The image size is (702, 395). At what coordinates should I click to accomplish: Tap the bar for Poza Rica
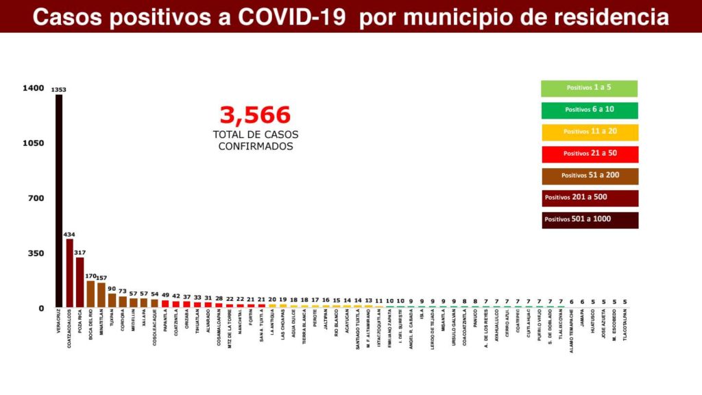80,283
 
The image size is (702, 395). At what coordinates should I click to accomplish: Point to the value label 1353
59,90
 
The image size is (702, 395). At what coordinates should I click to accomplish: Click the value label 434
69,234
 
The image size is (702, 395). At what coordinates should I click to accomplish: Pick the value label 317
80,252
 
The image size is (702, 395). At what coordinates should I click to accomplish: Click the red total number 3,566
255,115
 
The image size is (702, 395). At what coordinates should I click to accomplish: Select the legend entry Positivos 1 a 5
589,88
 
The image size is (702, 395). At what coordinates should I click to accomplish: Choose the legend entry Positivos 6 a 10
589,110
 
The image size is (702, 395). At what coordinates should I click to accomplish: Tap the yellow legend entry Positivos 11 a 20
589,132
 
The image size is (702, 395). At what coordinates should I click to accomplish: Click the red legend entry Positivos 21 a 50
589,154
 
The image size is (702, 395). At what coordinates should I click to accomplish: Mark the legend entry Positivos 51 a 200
589,176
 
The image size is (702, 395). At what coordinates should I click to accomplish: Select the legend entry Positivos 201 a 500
589,197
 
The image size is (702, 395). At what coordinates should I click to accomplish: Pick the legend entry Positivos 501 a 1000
589,219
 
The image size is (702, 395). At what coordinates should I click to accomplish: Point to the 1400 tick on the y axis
33,88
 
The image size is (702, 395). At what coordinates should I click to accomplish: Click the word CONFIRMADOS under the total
255,146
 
